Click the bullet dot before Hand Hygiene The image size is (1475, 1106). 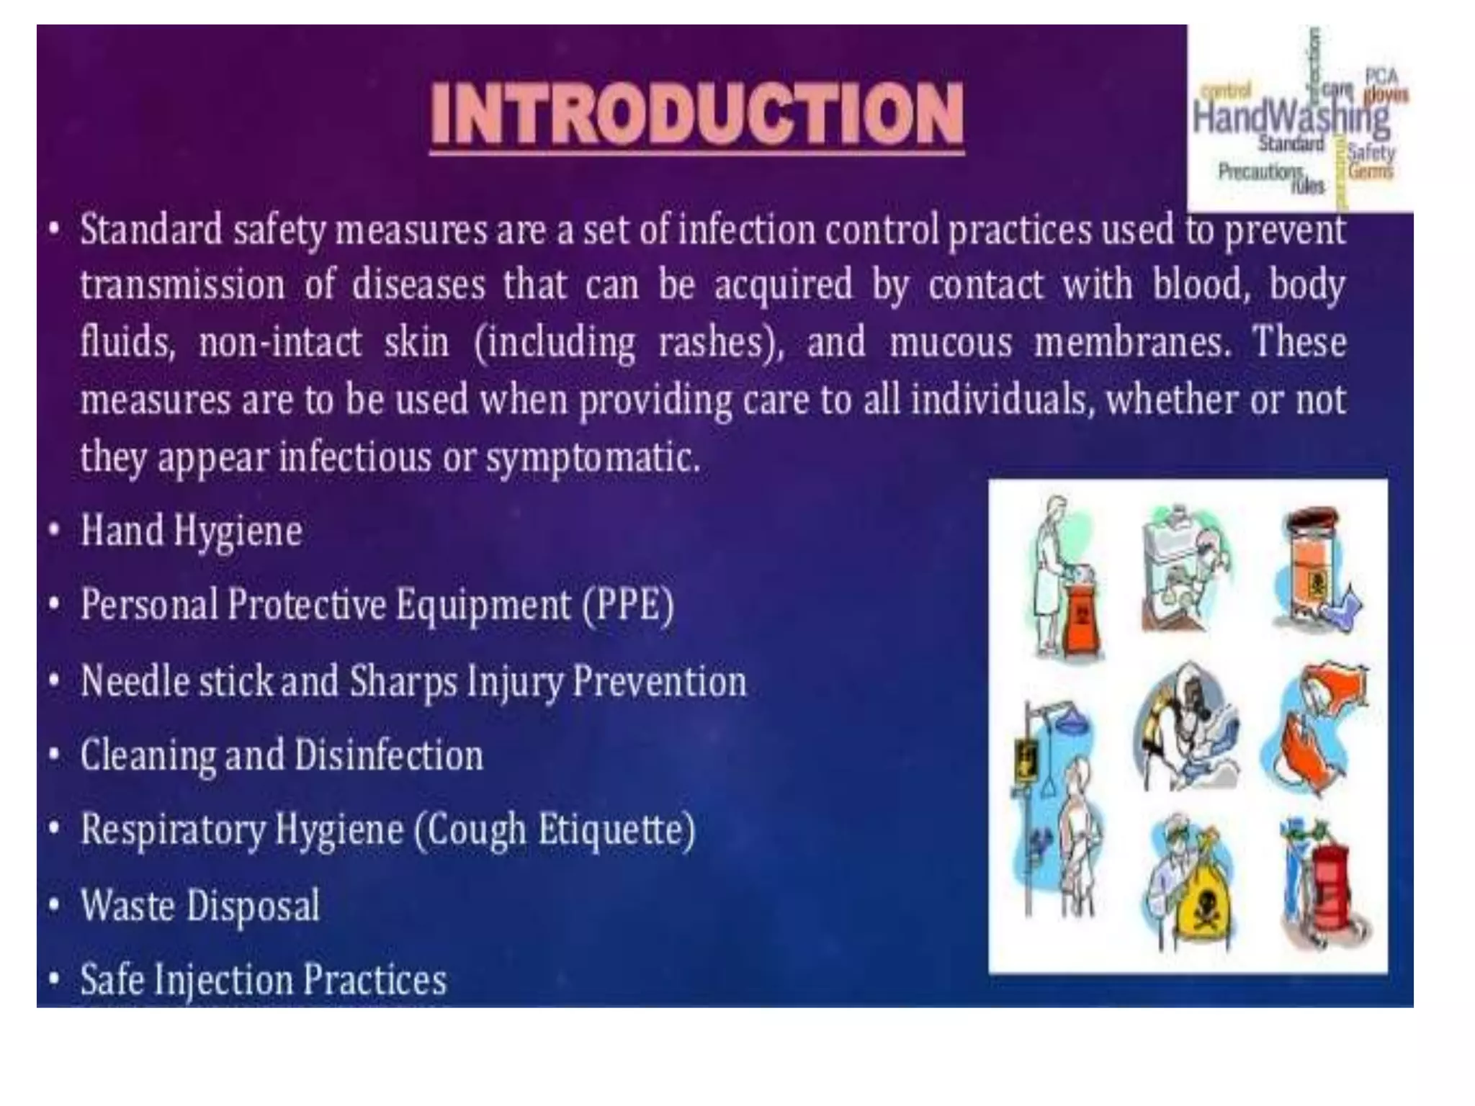54,531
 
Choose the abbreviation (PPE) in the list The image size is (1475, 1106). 627,605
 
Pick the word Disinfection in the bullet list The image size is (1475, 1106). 389,755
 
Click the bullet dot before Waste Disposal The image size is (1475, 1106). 54,905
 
